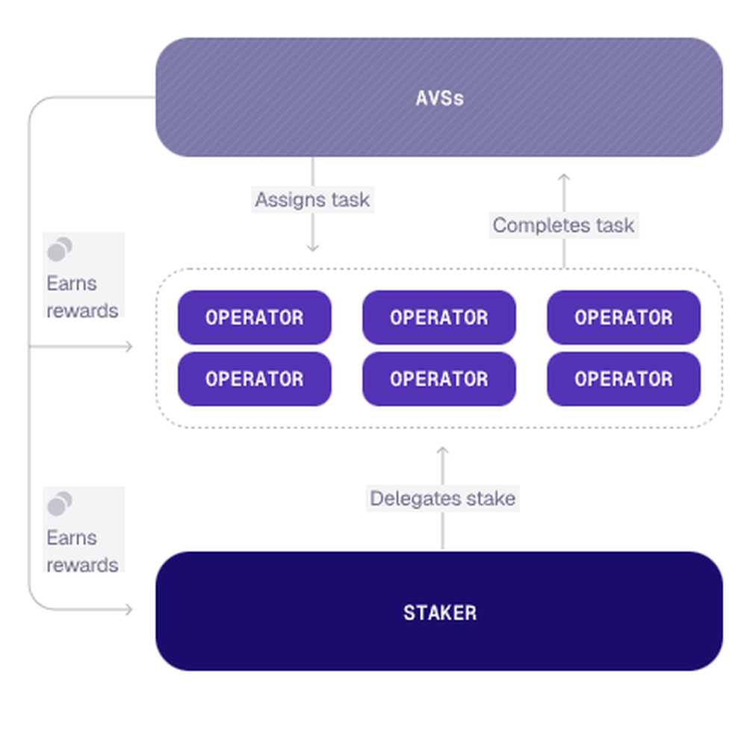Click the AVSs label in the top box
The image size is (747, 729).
point(439,98)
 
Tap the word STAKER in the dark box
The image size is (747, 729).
point(440,613)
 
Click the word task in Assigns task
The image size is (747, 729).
point(350,200)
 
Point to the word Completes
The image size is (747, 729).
point(541,225)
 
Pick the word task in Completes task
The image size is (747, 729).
point(615,225)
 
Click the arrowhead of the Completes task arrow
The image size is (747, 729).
point(564,177)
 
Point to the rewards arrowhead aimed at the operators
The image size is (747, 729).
point(128,346)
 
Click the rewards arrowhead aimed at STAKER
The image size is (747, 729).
point(128,609)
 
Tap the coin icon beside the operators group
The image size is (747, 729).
point(60,249)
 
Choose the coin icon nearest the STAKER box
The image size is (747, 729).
point(60,504)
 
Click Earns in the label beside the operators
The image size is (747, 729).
point(72,284)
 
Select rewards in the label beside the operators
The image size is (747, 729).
point(82,311)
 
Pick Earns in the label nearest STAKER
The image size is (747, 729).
point(72,538)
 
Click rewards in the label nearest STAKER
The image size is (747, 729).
point(82,566)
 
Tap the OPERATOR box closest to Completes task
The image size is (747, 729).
point(624,317)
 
